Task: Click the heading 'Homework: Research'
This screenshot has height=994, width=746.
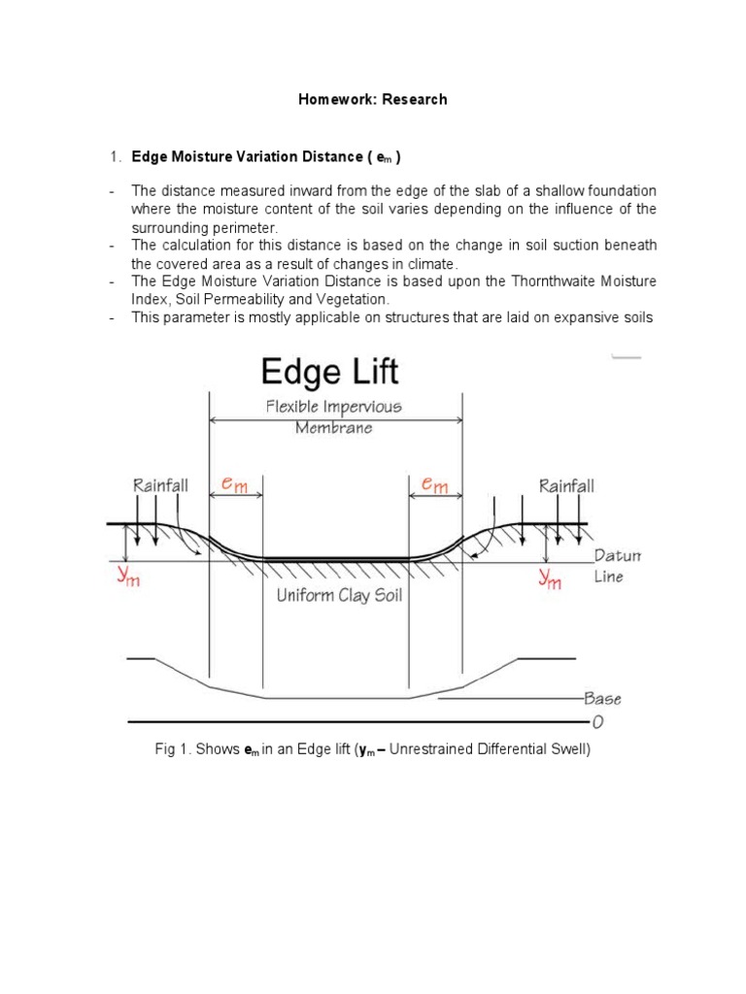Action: click(x=373, y=99)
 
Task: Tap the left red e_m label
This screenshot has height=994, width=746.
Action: click(x=234, y=482)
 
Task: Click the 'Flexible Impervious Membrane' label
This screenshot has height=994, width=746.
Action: click(x=334, y=417)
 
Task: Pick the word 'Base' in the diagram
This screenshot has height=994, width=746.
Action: click(x=602, y=698)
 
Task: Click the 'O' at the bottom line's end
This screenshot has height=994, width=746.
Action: click(x=597, y=721)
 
